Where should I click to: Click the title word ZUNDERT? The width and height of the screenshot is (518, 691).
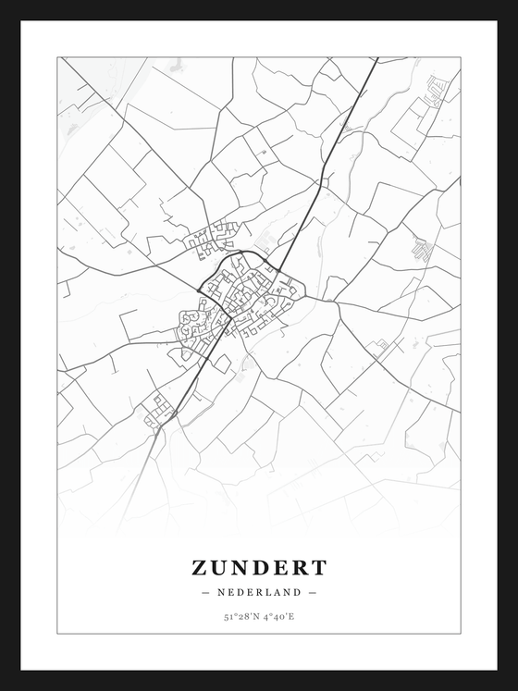pos(259,566)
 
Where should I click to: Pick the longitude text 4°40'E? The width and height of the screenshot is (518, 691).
pos(279,615)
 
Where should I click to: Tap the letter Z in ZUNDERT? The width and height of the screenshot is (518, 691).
pos(200,566)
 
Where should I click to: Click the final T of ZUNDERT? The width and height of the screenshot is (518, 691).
pos(319,566)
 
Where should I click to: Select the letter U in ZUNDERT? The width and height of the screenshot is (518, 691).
pos(220,566)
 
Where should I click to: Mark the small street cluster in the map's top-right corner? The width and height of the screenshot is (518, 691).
pos(436,90)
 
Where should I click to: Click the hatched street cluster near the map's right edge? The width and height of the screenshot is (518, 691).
pos(422,248)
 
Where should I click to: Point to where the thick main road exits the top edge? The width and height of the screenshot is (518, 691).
pos(375,60)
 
